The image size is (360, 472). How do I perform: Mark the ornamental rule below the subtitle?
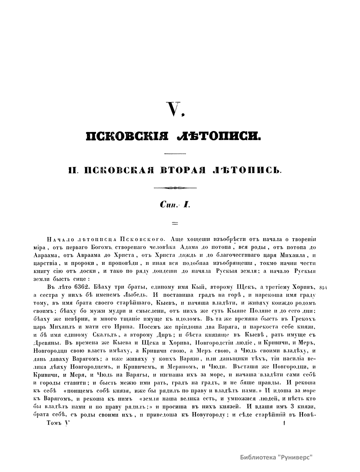pyautogui.click(x=175, y=188)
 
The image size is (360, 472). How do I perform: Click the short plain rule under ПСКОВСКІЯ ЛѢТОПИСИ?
pyautogui.click(x=175, y=154)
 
